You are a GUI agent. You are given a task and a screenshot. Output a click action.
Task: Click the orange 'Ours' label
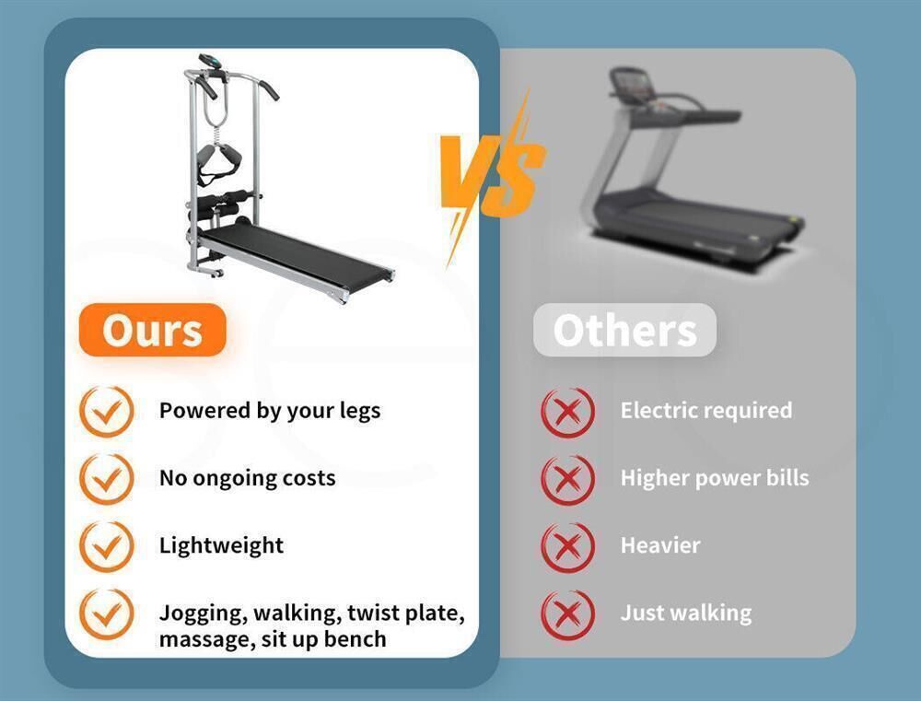[152, 330]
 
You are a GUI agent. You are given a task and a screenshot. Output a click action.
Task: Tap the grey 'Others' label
[624, 330]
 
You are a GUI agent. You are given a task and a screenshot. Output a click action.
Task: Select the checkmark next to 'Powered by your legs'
[106, 412]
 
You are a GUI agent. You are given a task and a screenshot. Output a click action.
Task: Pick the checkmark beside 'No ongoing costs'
[106, 479]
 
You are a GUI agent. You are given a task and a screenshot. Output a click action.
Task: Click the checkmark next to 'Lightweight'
[106, 546]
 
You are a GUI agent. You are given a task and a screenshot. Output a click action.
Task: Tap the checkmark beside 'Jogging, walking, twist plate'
[106, 614]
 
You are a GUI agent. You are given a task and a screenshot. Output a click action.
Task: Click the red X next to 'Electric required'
[567, 412]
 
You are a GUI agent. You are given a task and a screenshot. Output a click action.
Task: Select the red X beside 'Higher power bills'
[567, 479]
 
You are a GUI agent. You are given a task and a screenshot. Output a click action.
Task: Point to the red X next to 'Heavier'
[567, 546]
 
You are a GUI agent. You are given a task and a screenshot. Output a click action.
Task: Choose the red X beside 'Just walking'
[567, 614]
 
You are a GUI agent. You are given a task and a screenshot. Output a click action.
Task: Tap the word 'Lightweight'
[221, 546]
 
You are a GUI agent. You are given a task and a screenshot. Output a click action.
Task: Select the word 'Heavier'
[660, 545]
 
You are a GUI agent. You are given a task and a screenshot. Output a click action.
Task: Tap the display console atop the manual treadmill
[210, 62]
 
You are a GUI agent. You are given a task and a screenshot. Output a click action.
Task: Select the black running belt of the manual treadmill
[294, 254]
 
